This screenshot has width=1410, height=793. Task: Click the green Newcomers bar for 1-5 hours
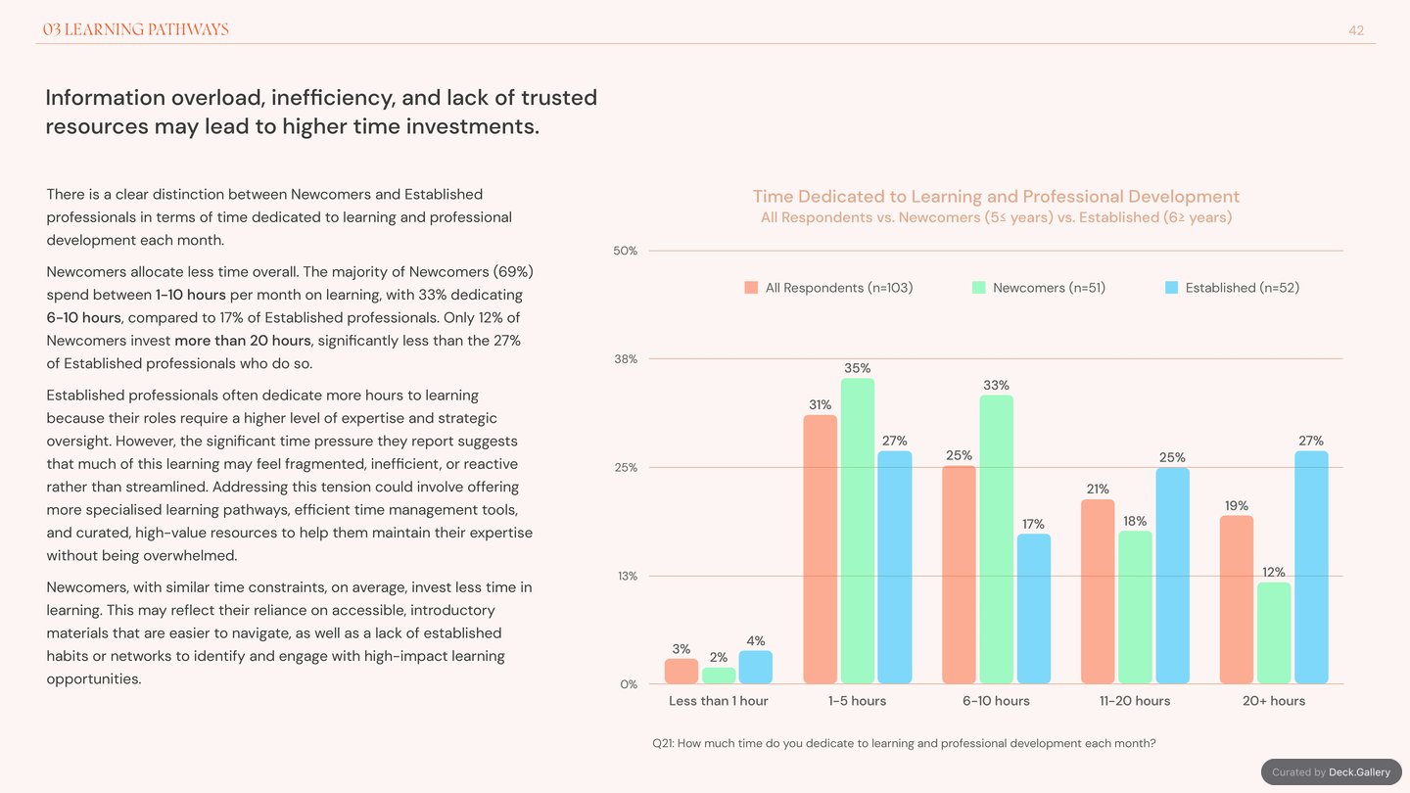click(x=858, y=531)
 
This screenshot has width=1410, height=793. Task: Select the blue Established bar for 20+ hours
click(x=1311, y=567)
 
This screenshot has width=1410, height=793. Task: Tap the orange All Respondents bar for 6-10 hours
click(x=959, y=575)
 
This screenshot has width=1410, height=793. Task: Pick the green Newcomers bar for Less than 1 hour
click(x=719, y=676)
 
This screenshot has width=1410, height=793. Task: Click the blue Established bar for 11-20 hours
click(x=1172, y=576)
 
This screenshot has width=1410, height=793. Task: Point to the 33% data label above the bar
click(x=996, y=385)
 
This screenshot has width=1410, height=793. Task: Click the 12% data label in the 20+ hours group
click(x=1273, y=572)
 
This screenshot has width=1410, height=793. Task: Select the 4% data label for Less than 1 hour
click(x=755, y=640)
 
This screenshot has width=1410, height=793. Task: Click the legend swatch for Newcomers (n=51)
click(x=979, y=288)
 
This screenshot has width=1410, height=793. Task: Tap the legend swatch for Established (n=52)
click(x=1171, y=288)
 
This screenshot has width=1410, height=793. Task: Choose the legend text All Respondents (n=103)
click(x=839, y=288)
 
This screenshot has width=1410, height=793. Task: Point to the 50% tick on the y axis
click(x=625, y=251)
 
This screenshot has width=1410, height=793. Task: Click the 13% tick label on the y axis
click(x=628, y=576)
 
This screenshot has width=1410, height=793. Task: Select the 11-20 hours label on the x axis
click(x=1134, y=701)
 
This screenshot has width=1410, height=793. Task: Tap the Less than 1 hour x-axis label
click(x=719, y=701)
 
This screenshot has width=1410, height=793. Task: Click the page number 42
click(x=1356, y=30)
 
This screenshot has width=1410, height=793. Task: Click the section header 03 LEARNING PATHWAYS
click(x=135, y=29)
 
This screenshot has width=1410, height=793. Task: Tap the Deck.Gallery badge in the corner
click(x=1332, y=771)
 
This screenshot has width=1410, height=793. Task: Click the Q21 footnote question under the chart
click(x=904, y=743)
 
